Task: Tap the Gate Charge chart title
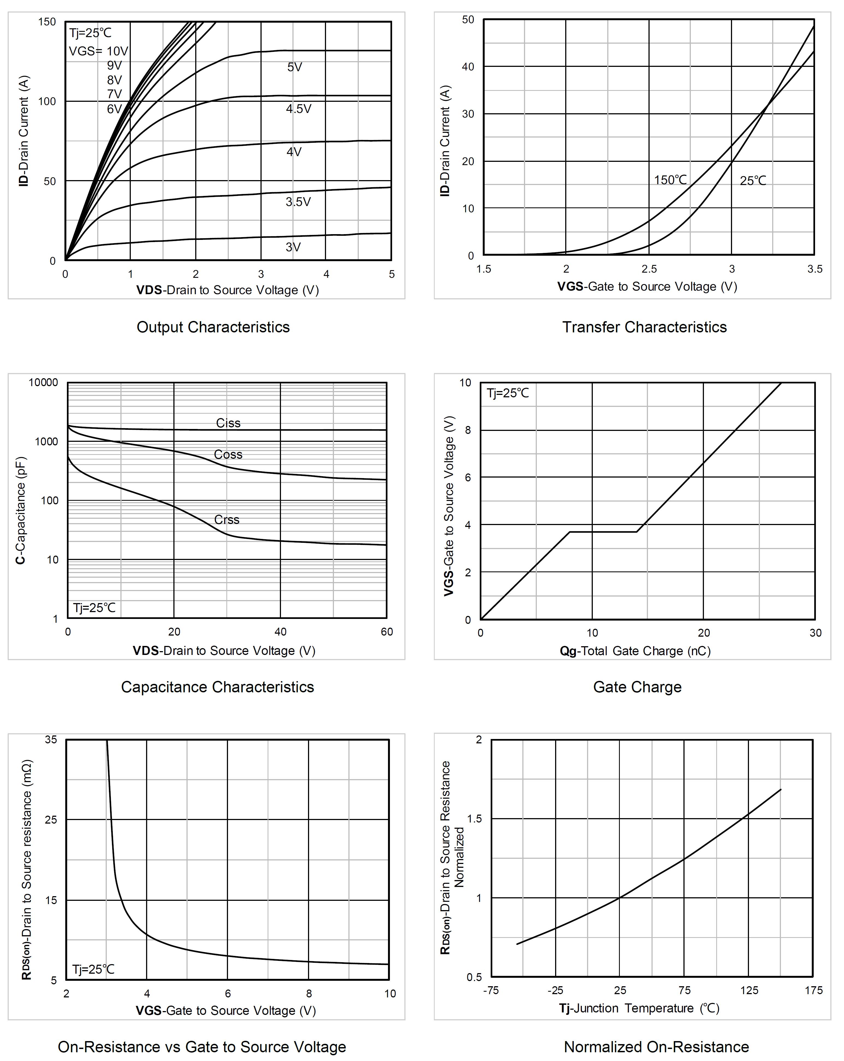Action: click(x=637, y=687)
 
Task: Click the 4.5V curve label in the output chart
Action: click(x=298, y=109)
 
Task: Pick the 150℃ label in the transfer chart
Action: click(x=670, y=180)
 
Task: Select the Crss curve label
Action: click(x=227, y=520)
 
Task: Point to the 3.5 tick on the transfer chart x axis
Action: click(x=815, y=269)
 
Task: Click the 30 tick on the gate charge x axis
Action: click(x=815, y=633)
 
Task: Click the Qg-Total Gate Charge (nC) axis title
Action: click(x=635, y=651)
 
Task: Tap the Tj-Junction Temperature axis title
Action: click(x=639, y=1008)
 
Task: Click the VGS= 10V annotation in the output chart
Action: click(x=99, y=51)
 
